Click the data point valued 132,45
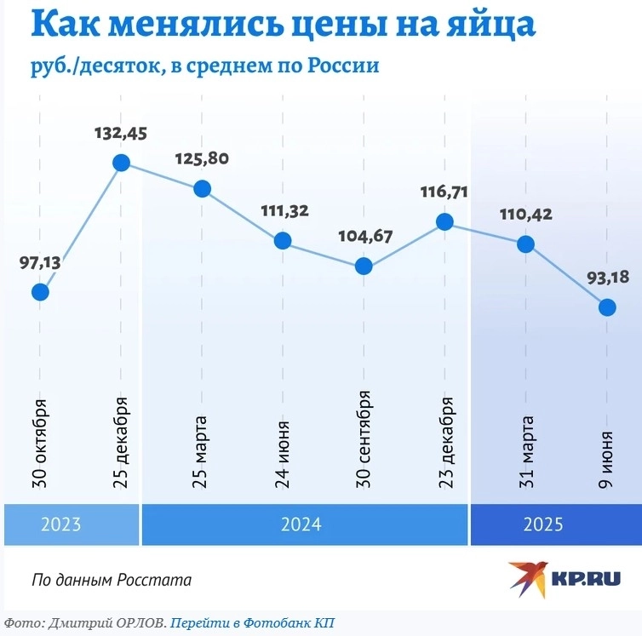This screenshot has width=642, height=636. click(121, 163)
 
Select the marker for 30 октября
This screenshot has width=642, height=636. click(40, 292)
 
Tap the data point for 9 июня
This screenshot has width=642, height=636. click(607, 307)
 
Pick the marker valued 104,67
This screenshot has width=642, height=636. click(364, 266)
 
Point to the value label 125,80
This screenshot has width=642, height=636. click(202, 158)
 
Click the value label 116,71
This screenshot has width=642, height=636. click(444, 192)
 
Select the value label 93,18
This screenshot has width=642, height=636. click(607, 278)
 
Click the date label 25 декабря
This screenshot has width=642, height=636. click(121, 442)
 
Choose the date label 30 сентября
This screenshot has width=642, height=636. click(364, 438)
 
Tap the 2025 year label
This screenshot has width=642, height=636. click(542, 524)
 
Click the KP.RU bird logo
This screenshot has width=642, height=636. click(528, 578)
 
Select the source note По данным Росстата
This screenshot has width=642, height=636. click(112, 580)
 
